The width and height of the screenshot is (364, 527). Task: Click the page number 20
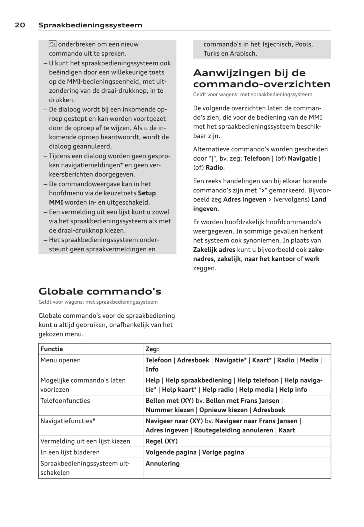tap(20, 25)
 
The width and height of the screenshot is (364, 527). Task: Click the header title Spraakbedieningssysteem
tap(90, 25)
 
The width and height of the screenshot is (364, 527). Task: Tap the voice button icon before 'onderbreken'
tap(53, 44)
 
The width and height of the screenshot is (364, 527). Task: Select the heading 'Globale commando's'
tap(100, 291)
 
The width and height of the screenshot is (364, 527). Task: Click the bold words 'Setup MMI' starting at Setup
tap(147, 193)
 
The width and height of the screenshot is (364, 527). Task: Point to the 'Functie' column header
tap(52, 349)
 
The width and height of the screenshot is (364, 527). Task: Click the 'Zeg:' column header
tap(152, 349)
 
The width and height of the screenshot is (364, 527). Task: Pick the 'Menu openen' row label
tap(61, 360)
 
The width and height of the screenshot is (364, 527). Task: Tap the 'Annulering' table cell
tap(163, 464)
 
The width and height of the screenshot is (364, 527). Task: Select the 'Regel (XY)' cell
tap(162, 441)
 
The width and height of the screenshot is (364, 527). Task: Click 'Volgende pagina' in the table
tap(171, 452)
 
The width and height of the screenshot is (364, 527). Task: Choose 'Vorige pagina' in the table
tap(223, 452)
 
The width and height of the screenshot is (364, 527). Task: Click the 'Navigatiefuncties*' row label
tap(68, 421)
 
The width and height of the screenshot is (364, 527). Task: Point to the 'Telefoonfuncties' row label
tap(65, 401)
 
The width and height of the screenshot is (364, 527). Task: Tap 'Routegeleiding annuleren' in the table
tap(234, 430)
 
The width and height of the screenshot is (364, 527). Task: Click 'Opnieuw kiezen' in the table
tap(223, 410)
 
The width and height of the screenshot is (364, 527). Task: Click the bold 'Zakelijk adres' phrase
tap(214, 250)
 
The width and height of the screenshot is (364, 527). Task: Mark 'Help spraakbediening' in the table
tap(198, 380)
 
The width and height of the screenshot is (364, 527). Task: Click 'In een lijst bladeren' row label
tap(70, 452)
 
